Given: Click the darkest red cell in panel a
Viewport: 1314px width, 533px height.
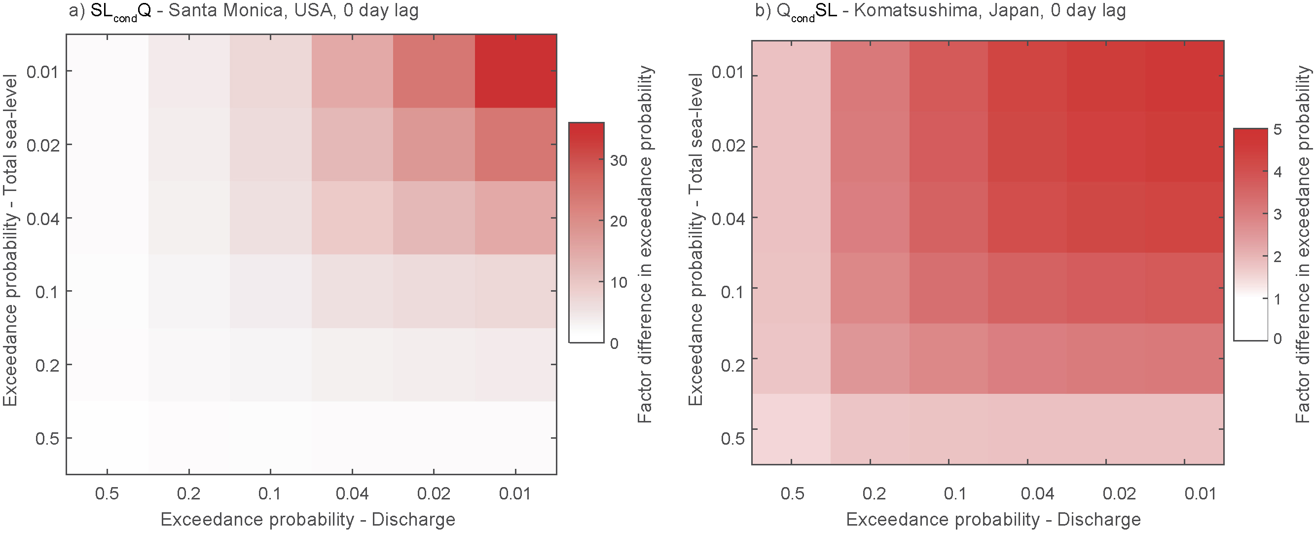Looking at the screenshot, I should point(515,71).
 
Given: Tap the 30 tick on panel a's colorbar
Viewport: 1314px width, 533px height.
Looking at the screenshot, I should point(618,161).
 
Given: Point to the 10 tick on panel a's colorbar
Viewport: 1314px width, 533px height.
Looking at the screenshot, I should point(618,282).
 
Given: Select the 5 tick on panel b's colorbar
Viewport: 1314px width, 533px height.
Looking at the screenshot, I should point(1277,130).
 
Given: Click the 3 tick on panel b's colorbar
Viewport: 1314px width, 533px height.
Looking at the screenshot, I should point(1277,214).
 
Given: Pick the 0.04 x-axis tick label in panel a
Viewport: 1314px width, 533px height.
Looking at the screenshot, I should point(352,494).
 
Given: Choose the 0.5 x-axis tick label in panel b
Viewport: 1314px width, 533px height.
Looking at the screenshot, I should point(792,494).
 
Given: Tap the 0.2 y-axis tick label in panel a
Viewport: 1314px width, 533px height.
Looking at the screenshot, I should point(47,365).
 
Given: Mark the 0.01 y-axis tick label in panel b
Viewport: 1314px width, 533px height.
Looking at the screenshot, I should point(728,73).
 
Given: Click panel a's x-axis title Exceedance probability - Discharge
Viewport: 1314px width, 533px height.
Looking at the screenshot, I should point(308,519).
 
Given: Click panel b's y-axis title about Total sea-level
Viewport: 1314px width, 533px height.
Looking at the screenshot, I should point(696,240).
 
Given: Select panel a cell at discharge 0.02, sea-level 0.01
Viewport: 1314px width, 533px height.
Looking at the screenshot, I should point(434,71).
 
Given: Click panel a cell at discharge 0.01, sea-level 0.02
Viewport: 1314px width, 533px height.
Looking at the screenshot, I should point(515,145).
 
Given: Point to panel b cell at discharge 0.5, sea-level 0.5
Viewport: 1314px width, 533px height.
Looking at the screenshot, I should point(791,429).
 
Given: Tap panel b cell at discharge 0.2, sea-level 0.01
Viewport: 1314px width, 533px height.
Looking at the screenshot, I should point(870,76).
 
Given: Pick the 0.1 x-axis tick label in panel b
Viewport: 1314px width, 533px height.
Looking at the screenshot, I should point(955,494).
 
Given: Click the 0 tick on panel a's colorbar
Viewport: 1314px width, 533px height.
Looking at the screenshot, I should point(614,343).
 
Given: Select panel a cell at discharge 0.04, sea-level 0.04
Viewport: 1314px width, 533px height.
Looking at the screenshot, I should point(352,218).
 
